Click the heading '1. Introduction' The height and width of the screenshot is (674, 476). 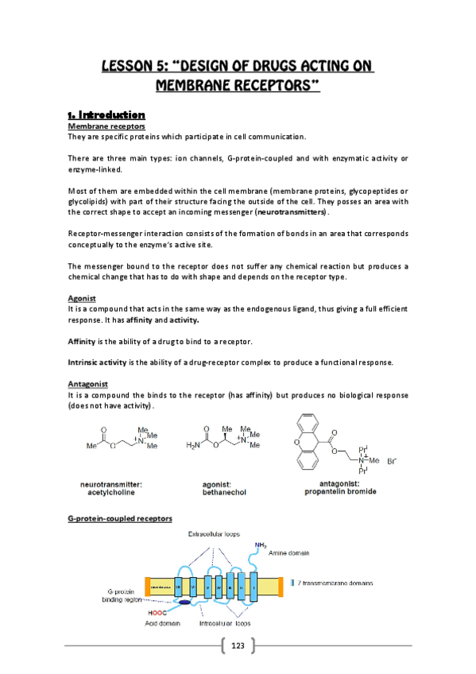pos(106,114)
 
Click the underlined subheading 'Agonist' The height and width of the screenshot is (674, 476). pos(82,299)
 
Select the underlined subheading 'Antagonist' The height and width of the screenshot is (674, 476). pos(87,384)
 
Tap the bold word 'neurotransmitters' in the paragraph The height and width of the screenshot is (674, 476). pos(290,213)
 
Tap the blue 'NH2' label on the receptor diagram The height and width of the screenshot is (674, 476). pos(261,544)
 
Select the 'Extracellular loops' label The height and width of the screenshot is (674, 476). pos(214,534)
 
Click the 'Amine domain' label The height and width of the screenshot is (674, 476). pos(291,552)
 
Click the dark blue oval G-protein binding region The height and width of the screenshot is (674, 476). pos(184,602)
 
